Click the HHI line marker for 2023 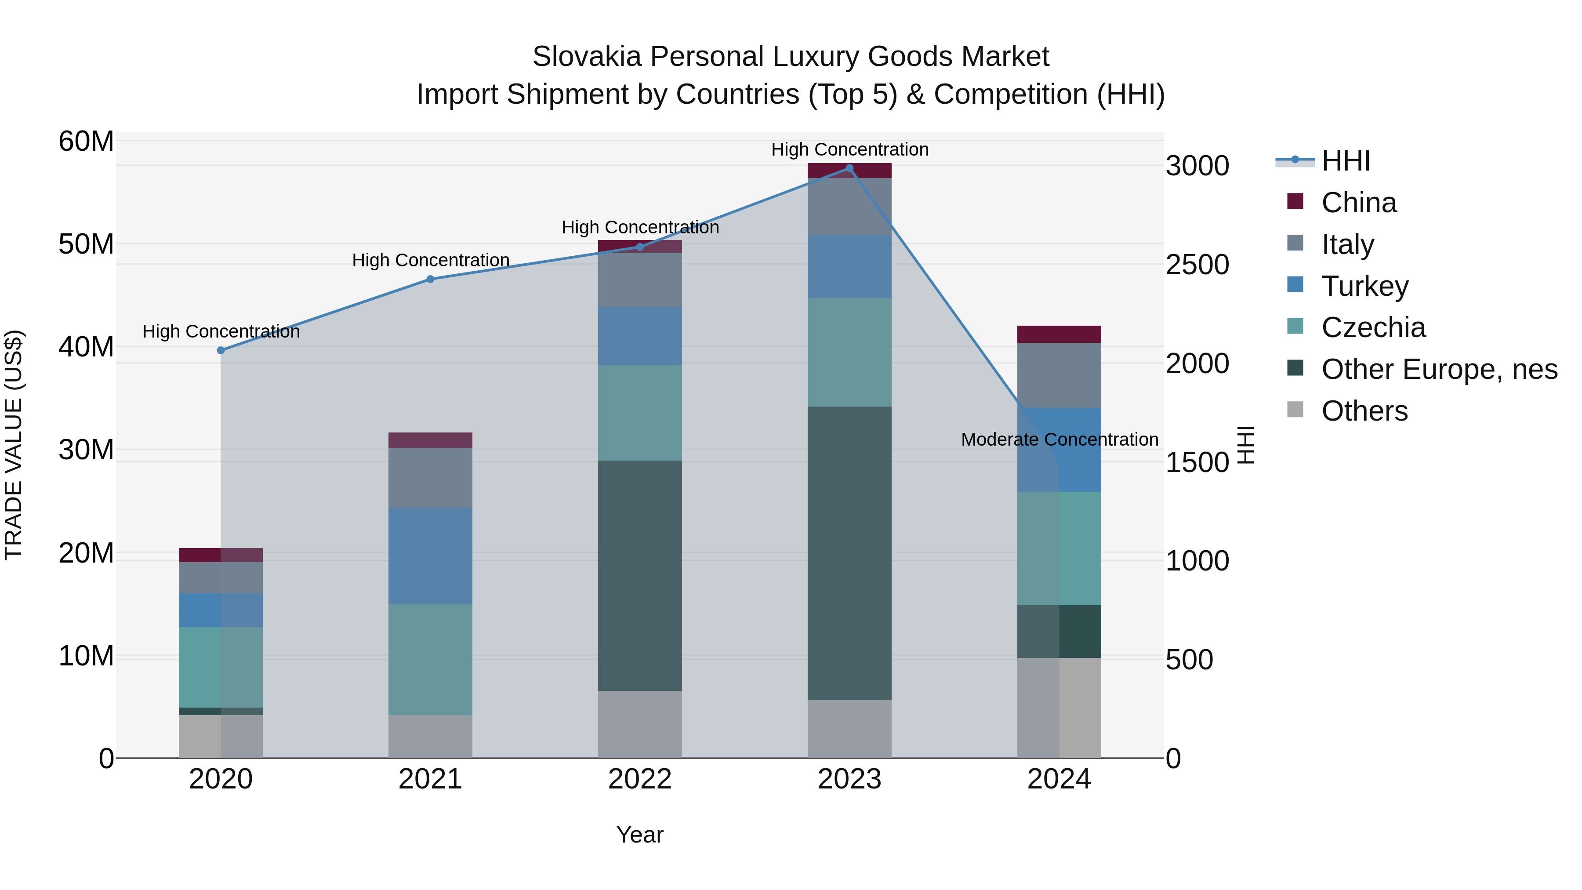(x=849, y=168)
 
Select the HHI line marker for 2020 (x=221, y=350)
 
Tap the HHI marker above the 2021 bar (x=431, y=280)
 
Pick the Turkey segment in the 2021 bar (x=431, y=556)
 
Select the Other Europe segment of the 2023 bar (x=849, y=553)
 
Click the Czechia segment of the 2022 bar (x=640, y=413)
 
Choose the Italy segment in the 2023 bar (x=849, y=207)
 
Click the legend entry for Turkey (x=1364, y=286)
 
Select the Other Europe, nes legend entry (x=1439, y=369)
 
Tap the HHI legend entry (x=1345, y=161)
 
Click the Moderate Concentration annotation (x=1060, y=440)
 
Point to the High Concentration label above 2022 (x=640, y=227)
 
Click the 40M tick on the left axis (x=86, y=347)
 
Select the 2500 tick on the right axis (x=1197, y=265)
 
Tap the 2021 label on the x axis (x=431, y=779)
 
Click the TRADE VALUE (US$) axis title (x=14, y=445)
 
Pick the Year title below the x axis (x=640, y=835)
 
